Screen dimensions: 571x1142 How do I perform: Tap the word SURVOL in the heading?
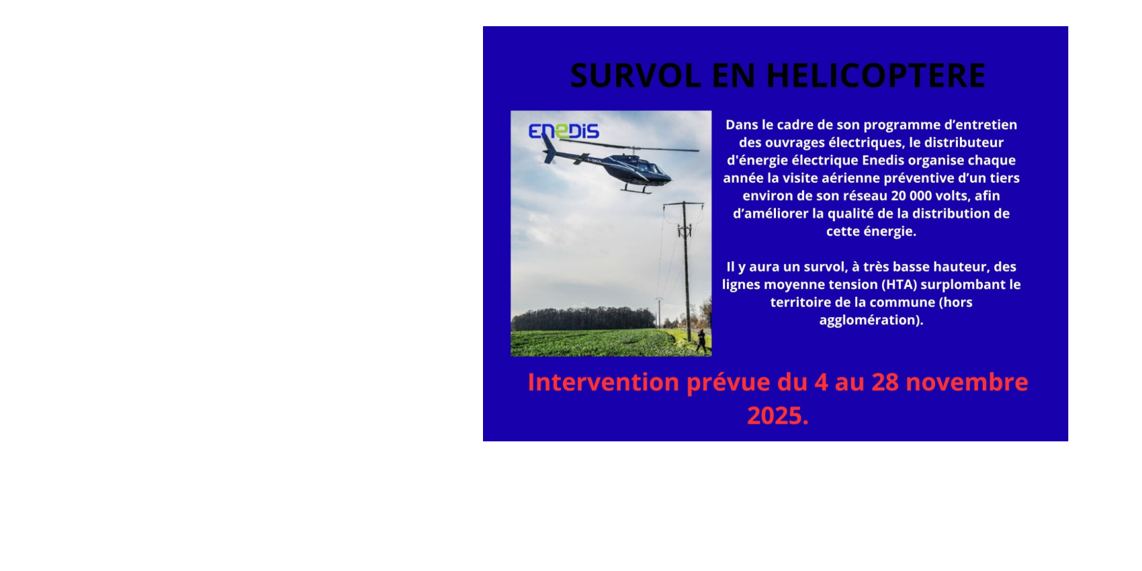click(635, 75)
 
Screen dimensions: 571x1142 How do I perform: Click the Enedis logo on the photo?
click(564, 131)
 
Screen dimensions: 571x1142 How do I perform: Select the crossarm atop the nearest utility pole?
click(683, 204)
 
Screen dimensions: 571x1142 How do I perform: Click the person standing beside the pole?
click(701, 340)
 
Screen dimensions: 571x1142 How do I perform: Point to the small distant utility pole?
click(659, 310)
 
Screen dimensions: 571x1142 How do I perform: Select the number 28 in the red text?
click(885, 382)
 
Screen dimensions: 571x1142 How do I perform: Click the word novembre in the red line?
click(967, 382)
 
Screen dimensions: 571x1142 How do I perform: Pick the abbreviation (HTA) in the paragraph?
click(895, 284)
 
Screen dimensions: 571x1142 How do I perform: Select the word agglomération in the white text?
click(871, 320)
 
